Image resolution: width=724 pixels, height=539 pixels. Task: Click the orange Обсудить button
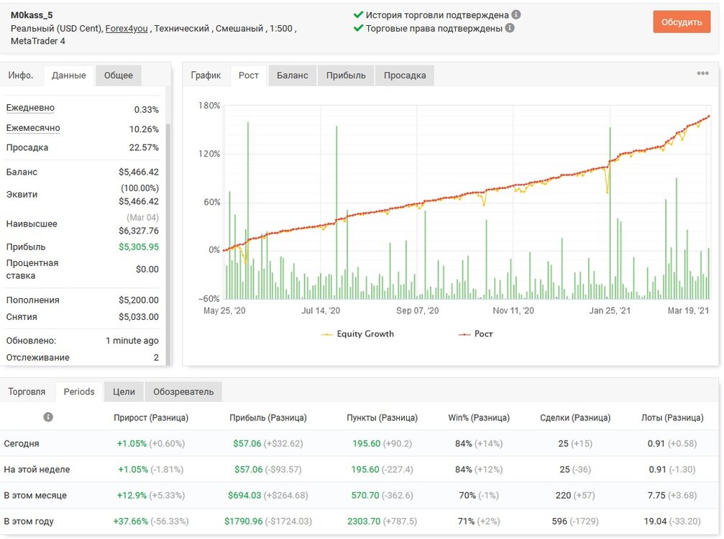[682, 22]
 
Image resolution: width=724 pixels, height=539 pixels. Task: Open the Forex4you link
[127, 29]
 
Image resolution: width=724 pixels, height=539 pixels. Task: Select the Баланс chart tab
[293, 75]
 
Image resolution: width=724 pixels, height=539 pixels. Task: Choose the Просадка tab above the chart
[405, 75]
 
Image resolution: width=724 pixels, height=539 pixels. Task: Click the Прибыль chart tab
[346, 75]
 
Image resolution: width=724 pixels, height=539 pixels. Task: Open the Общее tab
[118, 75]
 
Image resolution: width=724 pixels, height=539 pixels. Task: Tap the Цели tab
[124, 392]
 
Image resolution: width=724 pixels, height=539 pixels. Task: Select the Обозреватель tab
[183, 392]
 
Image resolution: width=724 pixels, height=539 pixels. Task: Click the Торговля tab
[27, 392]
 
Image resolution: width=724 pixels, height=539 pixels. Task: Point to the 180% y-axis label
[209, 106]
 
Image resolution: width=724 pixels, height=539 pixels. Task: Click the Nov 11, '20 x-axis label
[513, 310]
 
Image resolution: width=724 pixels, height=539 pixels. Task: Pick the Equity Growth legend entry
[357, 333]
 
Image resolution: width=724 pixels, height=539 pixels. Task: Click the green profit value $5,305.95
[139, 247]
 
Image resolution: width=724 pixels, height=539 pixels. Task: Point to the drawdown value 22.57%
[144, 147]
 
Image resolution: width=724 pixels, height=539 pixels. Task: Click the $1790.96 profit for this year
[243, 522]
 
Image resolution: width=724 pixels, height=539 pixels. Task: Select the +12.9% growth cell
[132, 496]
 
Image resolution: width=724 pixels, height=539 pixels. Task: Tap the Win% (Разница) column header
[479, 418]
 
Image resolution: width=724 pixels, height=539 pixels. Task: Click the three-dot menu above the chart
[702, 73]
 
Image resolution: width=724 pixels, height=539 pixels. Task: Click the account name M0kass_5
[32, 15]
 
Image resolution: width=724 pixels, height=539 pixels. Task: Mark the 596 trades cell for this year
[559, 522]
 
